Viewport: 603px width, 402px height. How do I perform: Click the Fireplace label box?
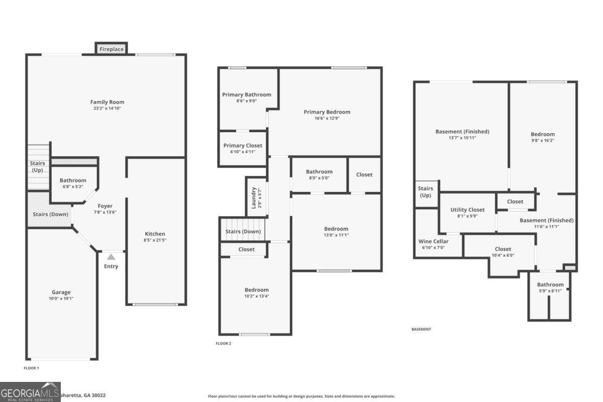(111, 49)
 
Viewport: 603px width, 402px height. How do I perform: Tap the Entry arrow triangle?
(111, 257)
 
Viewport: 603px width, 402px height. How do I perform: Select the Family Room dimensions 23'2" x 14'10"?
(107, 109)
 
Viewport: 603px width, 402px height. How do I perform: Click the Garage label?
(61, 292)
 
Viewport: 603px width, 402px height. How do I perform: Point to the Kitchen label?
(155, 234)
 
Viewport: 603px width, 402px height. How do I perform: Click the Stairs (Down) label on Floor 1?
(50, 215)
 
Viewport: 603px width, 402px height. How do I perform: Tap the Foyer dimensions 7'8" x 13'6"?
(105, 212)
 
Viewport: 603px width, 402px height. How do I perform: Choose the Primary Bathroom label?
(247, 94)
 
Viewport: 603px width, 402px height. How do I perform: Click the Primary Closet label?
(243, 146)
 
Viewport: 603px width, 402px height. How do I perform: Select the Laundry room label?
(254, 198)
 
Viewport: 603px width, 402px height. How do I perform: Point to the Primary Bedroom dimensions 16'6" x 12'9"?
(327, 119)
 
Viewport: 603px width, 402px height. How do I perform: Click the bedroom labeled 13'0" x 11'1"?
(336, 229)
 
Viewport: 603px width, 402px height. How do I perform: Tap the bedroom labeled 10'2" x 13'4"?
(256, 290)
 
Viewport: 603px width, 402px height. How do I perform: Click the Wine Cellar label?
(433, 241)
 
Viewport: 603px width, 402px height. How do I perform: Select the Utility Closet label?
(467, 210)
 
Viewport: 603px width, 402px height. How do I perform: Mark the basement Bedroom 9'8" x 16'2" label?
(543, 134)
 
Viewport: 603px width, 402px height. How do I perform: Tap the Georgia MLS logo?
(30, 392)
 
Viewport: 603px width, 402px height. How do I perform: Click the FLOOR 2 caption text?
(223, 344)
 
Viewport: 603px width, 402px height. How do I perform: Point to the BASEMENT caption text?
(421, 330)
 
